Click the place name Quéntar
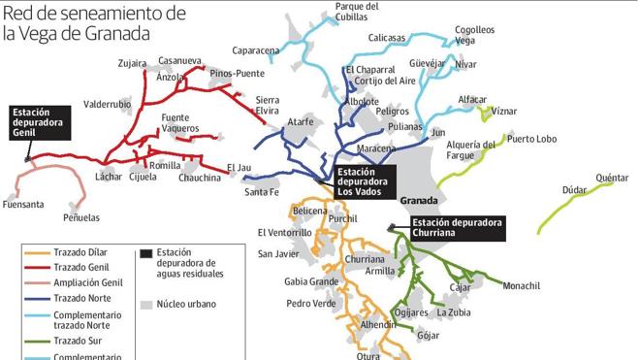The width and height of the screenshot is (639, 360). pos(612,178)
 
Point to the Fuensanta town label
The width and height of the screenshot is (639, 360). pos(23,205)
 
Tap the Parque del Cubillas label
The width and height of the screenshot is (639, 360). pos(357,11)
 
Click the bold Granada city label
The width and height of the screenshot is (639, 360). pos(420,202)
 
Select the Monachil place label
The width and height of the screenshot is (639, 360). pos(521,285)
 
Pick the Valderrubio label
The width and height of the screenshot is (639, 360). pos(108,104)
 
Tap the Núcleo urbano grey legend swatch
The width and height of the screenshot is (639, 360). pos(146,305)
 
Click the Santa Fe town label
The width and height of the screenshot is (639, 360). pos(262,192)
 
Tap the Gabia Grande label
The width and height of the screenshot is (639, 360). pos(311,281)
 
